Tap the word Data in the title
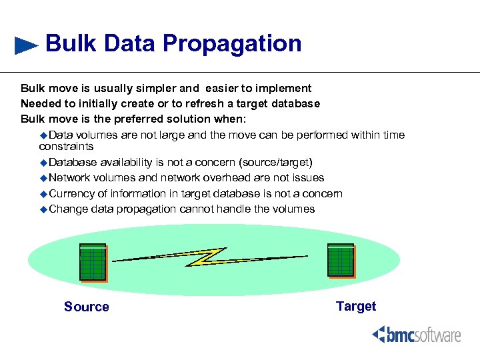tap(129, 44)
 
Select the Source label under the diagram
tap(86, 307)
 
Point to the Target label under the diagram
tap(356, 306)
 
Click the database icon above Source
tap(93, 262)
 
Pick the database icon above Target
tap(341, 260)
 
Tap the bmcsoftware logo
tap(416, 334)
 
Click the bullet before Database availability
tap(44, 163)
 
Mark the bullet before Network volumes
tap(44, 178)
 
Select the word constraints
tap(66, 146)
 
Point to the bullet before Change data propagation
tap(44, 209)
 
